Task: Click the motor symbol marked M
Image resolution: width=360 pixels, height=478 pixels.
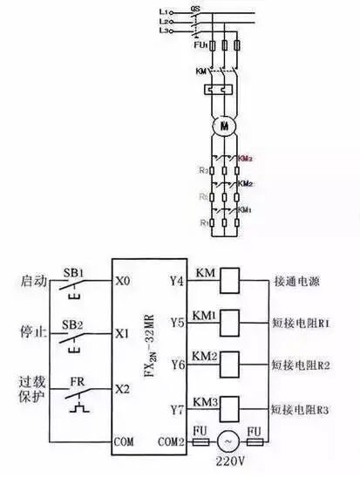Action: [x=225, y=126]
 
